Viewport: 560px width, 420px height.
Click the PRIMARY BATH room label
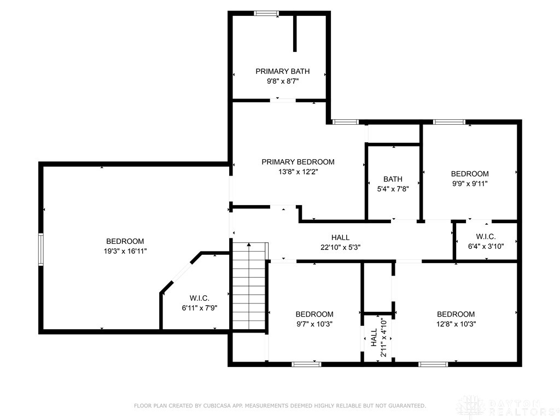(282, 71)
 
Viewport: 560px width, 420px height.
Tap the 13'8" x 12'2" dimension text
(297, 172)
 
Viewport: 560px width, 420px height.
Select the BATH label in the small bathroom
(393, 179)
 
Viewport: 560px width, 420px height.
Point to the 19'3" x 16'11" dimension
(125, 251)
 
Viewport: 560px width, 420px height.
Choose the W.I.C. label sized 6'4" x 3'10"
(486, 237)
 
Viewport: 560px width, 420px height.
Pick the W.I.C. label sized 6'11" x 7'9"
(200, 298)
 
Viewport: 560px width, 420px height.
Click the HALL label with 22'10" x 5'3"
(340, 237)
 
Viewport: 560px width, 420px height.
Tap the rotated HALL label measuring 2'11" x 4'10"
(374, 338)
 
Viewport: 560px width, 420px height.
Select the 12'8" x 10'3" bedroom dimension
(456, 324)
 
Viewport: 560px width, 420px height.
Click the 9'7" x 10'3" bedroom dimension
(314, 324)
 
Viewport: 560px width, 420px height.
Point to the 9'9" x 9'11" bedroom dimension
(469, 184)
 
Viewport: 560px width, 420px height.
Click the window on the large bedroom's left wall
(40, 249)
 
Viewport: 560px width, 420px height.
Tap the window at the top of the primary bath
(266, 14)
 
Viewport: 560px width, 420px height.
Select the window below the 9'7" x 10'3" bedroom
(306, 364)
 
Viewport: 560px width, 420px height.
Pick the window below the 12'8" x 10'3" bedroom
(434, 364)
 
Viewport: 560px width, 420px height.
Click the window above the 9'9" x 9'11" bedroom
(449, 122)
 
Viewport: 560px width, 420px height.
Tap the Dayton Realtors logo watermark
(506, 406)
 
